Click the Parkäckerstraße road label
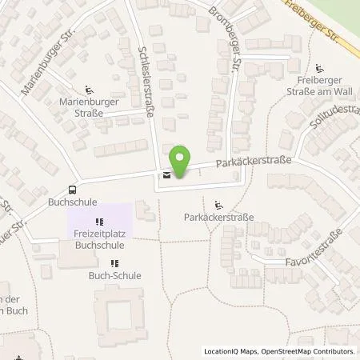tap(255, 162)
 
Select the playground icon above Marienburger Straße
tap(89, 90)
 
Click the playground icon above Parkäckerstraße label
tap(218, 203)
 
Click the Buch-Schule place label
tap(114, 275)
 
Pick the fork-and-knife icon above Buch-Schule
tap(114, 262)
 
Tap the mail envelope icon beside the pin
tap(166, 175)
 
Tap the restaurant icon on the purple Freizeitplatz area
tap(98, 222)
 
